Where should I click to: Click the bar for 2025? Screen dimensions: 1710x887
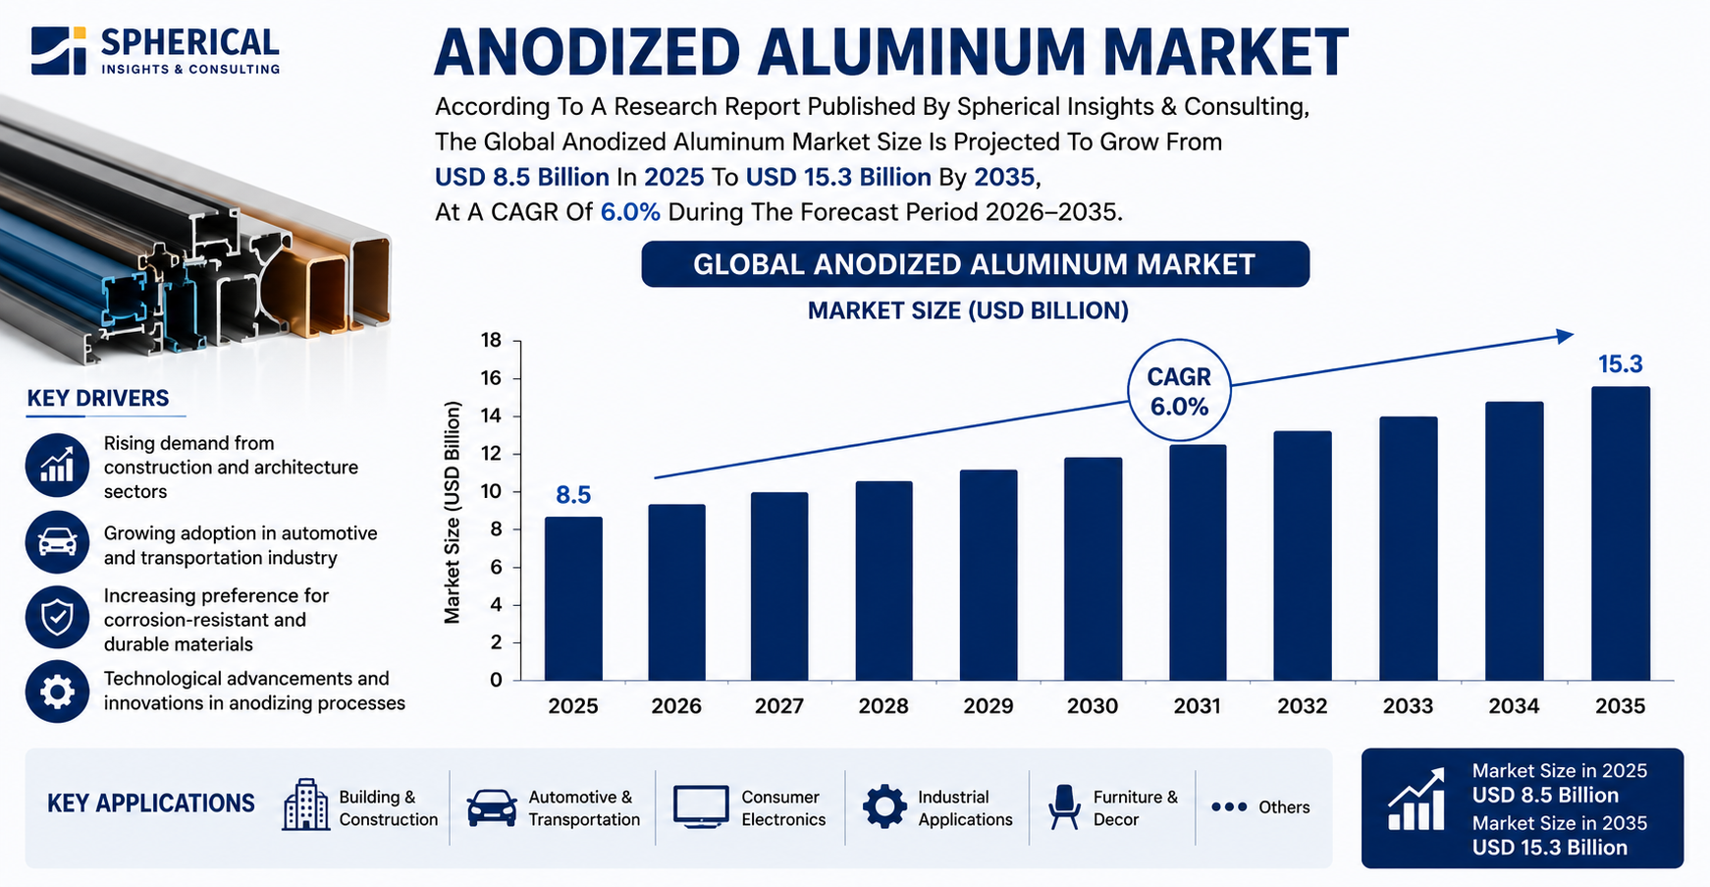tap(573, 598)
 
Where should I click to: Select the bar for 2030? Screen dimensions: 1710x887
tap(1093, 569)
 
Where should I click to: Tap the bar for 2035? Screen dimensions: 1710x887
tap(1621, 533)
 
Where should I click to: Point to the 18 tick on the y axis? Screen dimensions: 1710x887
tap(491, 341)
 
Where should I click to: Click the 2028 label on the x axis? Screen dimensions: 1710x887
tap(883, 706)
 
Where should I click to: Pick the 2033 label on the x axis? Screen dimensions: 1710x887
tap(1408, 706)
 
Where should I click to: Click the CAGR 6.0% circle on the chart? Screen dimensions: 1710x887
tap(1179, 391)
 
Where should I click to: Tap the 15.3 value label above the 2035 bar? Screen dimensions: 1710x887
tap(1620, 364)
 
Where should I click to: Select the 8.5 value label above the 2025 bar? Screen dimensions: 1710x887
tap(573, 495)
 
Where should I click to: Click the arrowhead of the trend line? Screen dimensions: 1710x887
tap(1566, 336)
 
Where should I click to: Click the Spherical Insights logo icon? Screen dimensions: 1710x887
tap(59, 50)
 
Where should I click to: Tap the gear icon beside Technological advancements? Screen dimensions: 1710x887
tap(58, 692)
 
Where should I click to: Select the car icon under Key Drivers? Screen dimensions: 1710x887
tap(58, 542)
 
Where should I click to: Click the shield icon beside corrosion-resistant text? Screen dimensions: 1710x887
tap(58, 617)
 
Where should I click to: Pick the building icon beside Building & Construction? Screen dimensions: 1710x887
tap(305, 805)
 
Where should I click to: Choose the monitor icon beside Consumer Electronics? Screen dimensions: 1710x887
tap(701, 806)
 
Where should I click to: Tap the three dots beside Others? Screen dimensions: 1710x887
tap(1228, 807)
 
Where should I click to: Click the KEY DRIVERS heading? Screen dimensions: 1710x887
tap(98, 398)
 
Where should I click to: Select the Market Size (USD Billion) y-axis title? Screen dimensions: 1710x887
tap(453, 512)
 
